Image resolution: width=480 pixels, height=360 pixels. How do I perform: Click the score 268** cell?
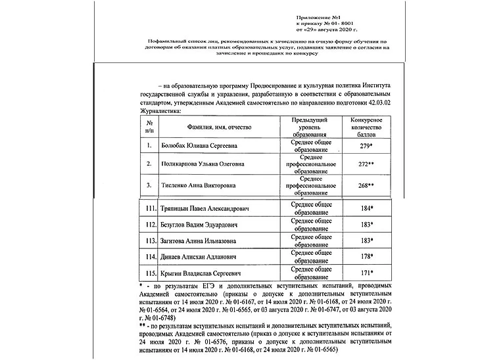pyautogui.click(x=363, y=185)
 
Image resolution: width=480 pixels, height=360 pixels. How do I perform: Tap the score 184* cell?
pyautogui.click(x=363, y=209)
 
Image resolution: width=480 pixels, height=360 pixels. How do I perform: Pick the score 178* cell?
pyautogui.click(x=363, y=256)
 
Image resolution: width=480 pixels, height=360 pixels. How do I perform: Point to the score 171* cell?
pyautogui.click(x=363, y=272)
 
